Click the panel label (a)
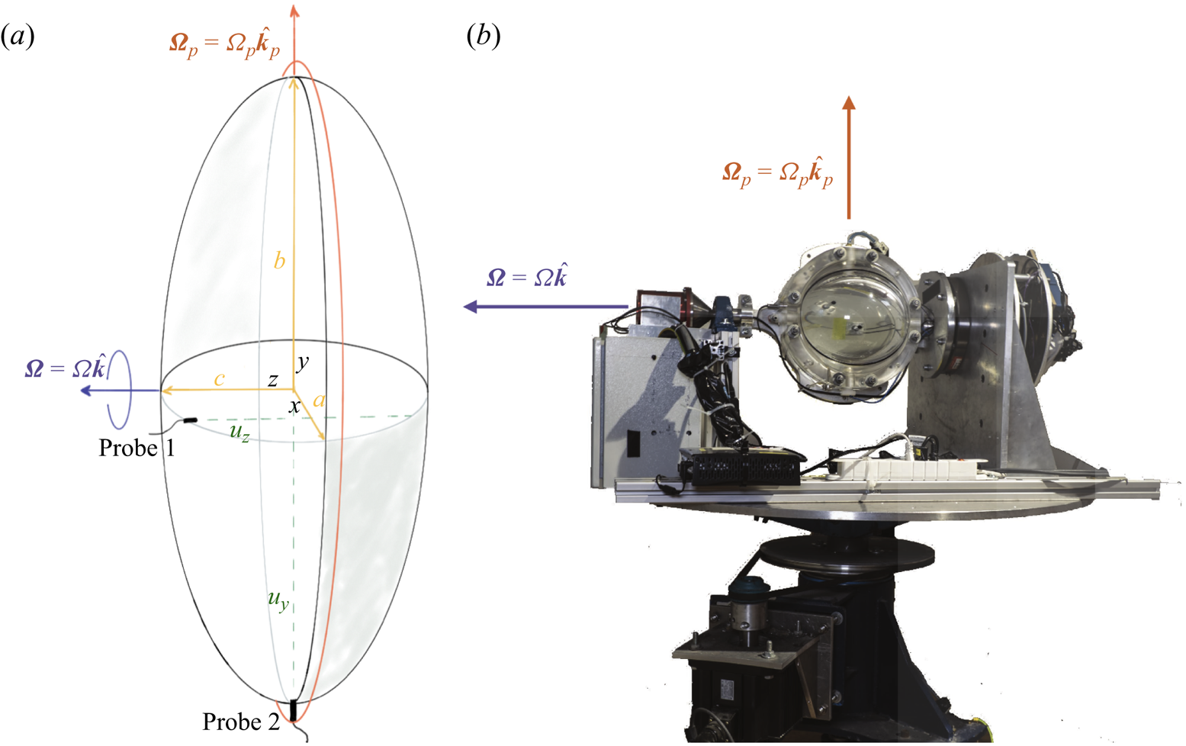click(18, 37)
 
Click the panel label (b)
click(484, 37)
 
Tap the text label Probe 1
click(137, 449)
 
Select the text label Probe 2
click(241, 722)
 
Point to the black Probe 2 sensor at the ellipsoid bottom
click(293, 710)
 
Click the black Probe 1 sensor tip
click(190, 420)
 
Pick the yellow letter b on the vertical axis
click(279, 260)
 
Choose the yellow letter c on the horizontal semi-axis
click(219, 379)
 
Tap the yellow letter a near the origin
click(319, 400)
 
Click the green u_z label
click(239, 432)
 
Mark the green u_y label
click(278, 600)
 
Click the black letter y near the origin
click(302, 363)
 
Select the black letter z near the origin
click(273, 380)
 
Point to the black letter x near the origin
click(294, 407)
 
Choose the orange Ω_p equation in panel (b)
click(778, 173)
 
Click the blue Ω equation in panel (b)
click(527, 276)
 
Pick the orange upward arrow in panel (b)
click(849, 157)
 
